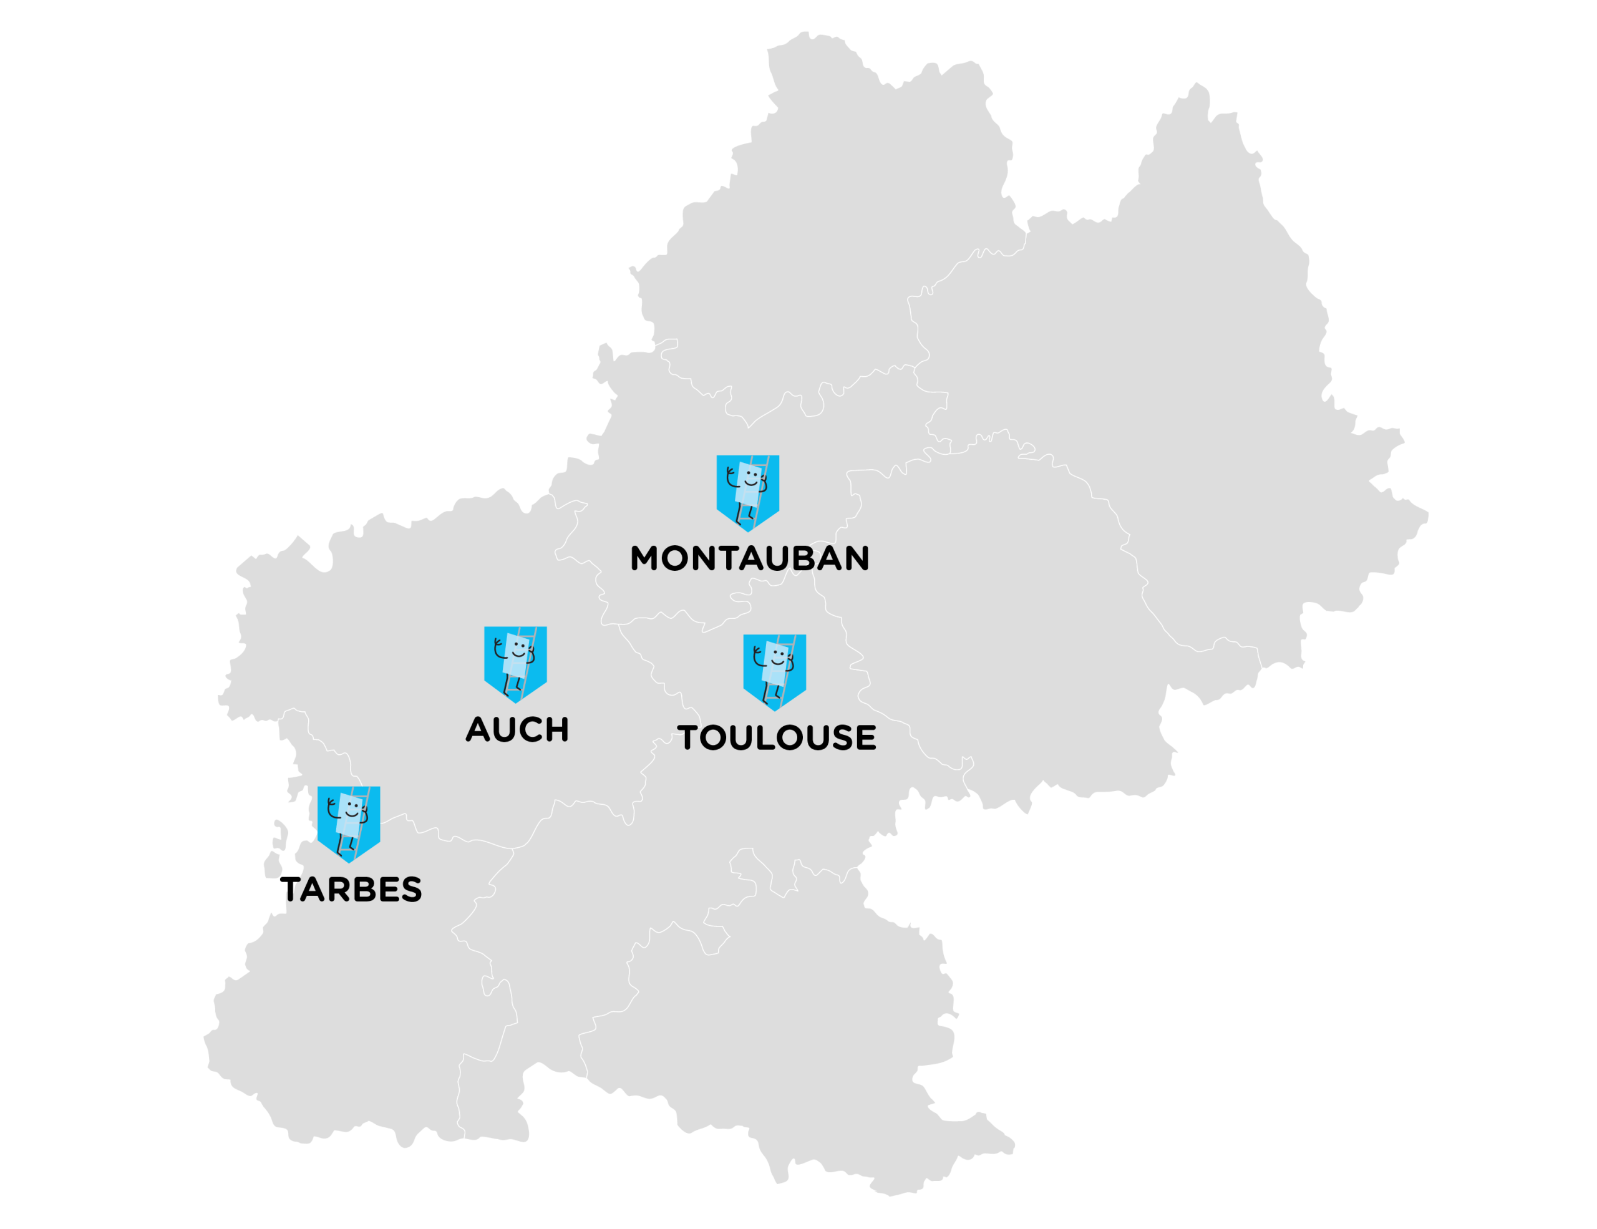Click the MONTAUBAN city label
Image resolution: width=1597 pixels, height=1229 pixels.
point(749,558)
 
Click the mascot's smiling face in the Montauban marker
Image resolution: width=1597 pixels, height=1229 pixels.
point(751,477)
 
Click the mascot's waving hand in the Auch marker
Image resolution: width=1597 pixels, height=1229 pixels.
point(498,643)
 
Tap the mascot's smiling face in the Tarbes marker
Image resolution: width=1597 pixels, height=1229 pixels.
point(352,809)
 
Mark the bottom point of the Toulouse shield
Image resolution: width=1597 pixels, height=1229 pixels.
point(774,710)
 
